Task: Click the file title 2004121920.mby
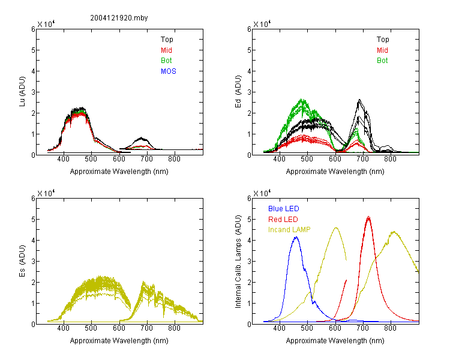click(x=119, y=18)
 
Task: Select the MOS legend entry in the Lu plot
click(x=169, y=71)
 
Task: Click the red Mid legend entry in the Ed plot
click(x=382, y=50)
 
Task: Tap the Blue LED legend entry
click(x=284, y=209)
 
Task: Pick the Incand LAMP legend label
click(x=289, y=230)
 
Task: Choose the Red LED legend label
click(x=283, y=220)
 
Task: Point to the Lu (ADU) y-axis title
click(x=22, y=92)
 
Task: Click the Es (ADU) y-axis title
click(x=22, y=261)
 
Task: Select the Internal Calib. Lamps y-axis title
click(x=238, y=262)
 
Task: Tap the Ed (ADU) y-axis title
click(x=238, y=92)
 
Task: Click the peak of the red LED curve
click(x=368, y=217)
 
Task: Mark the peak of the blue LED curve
click(x=296, y=237)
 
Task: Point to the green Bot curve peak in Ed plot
click(x=302, y=100)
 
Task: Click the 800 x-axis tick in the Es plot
click(x=174, y=328)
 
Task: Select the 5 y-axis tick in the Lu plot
click(x=33, y=50)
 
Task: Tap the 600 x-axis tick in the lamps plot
click(x=335, y=328)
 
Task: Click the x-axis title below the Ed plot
click(x=335, y=172)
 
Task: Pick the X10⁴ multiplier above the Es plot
click(x=46, y=193)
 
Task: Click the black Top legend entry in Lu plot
click(x=167, y=40)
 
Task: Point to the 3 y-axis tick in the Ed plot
click(x=249, y=92)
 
